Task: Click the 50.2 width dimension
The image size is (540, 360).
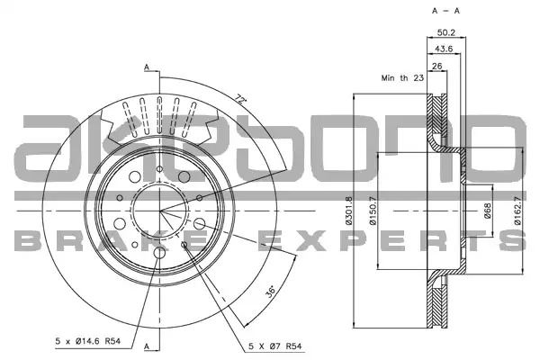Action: coord(446,32)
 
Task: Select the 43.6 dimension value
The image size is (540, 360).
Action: coord(444,49)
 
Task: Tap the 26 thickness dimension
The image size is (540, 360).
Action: coord(436,66)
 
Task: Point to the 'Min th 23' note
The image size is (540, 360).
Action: coord(402,78)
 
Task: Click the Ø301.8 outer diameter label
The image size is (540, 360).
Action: coord(349,211)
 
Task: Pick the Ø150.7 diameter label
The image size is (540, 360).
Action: coord(373,211)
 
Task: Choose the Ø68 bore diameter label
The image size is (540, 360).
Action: coord(487,211)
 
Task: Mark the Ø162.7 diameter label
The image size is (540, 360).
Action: coord(517,211)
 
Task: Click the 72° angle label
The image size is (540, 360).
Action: coord(241,100)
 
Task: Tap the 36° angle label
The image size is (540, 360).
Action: coord(271,291)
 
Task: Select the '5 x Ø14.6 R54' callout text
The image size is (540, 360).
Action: coord(88,341)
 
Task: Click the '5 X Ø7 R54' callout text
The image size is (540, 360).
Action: coord(274,346)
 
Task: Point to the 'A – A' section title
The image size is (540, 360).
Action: coord(446,11)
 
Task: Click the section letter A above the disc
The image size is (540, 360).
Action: coord(147,67)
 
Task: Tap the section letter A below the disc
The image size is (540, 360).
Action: coord(147,346)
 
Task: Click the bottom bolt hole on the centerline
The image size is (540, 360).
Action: coord(159,253)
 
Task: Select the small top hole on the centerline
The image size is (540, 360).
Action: coord(159,169)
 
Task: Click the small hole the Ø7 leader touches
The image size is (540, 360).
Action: coord(184,245)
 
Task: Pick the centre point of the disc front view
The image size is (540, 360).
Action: coord(160,211)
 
